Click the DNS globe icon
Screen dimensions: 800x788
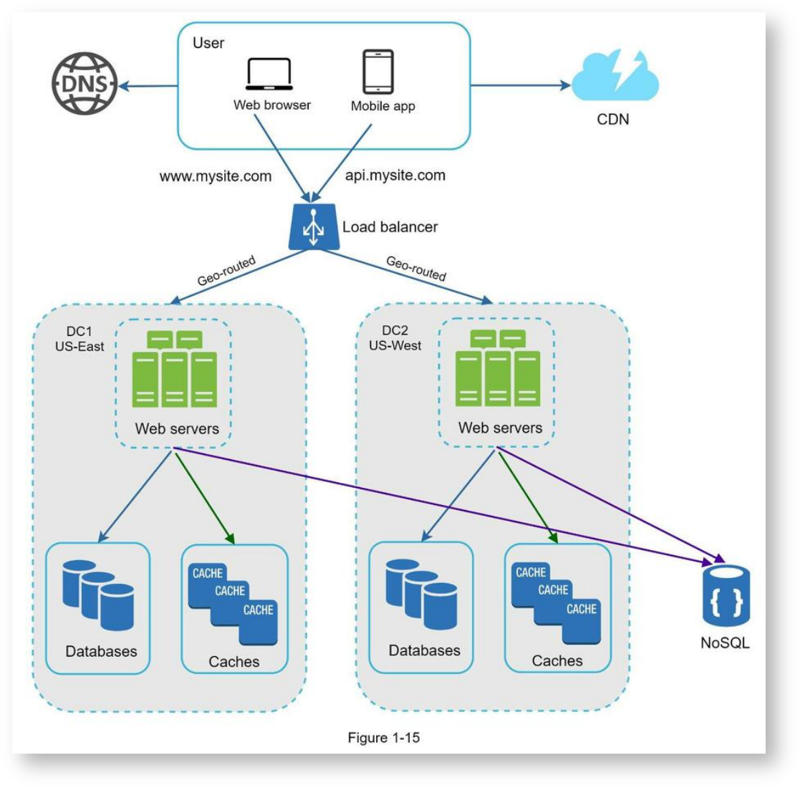pyautogui.click(x=85, y=83)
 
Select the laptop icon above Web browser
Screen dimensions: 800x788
pyautogui.click(x=269, y=75)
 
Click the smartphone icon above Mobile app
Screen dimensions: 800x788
pyautogui.click(x=378, y=72)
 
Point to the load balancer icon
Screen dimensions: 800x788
pyautogui.click(x=313, y=227)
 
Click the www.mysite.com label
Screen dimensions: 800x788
pyautogui.click(x=216, y=176)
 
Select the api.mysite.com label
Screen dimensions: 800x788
pyautogui.click(x=395, y=175)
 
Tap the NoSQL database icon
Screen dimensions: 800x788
pyautogui.click(x=726, y=595)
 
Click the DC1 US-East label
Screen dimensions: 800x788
pyautogui.click(x=79, y=339)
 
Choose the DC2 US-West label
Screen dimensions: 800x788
pyautogui.click(x=395, y=338)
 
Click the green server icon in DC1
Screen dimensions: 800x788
pyautogui.click(x=175, y=369)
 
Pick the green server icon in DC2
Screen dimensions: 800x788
pyautogui.click(x=498, y=368)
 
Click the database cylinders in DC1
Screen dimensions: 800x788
pyautogui.click(x=98, y=595)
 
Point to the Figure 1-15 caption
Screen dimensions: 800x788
pyautogui.click(x=384, y=737)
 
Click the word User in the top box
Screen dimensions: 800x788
pyautogui.click(x=208, y=43)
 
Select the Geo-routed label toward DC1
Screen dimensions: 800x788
pyautogui.click(x=226, y=271)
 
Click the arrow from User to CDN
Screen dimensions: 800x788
pyautogui.click(x=521, y=85)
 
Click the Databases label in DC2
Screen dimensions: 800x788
pyautogui.click(x=425, y=650)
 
